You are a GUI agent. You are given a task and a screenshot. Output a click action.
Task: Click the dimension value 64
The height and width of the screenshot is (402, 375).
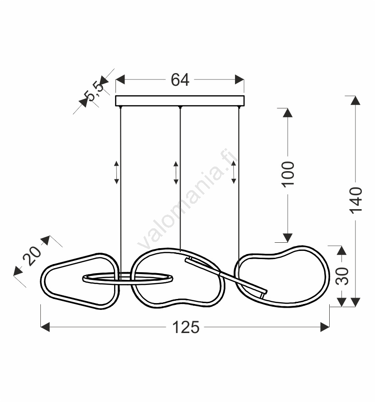point(180,79)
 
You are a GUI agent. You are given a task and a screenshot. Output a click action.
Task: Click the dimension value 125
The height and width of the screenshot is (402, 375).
point(186,328)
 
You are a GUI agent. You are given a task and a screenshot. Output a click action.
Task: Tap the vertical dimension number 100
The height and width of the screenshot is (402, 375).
point(288,174)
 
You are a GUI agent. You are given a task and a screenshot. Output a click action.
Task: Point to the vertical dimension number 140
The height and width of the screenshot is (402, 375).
point(356,201)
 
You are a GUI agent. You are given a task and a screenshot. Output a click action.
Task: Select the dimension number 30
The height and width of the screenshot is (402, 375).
point(342,276)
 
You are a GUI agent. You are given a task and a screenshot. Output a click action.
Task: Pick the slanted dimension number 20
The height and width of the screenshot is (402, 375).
point(32,255)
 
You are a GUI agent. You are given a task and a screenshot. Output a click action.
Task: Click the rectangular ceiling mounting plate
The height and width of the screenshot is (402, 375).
point(180,101)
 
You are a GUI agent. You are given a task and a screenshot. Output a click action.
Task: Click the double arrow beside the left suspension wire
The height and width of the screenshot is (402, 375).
point(116,172)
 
